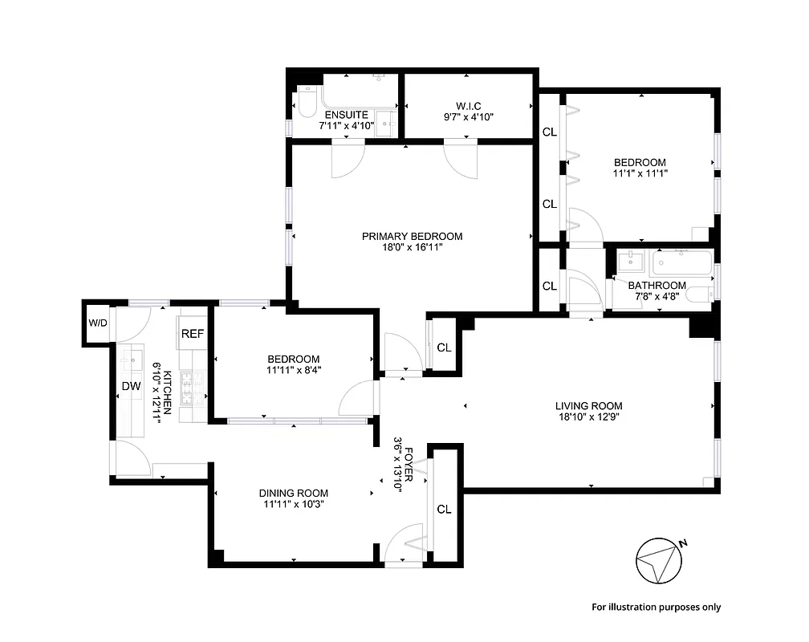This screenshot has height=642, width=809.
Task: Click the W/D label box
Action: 97,323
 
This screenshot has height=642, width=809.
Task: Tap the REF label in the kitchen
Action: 191,334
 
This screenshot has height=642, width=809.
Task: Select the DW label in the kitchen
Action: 131,387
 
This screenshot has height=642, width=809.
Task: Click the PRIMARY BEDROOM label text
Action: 412,236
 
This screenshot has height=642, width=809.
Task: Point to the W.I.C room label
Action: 467,105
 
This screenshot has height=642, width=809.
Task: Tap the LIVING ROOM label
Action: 589,405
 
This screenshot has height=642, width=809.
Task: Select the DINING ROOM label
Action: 293,493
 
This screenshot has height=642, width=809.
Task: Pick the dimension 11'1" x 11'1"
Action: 640,173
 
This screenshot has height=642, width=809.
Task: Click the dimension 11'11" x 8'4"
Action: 293,370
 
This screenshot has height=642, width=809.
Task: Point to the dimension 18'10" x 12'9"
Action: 589,416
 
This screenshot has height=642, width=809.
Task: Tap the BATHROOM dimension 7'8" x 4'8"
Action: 657,296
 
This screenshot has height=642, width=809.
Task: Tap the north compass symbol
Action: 659,561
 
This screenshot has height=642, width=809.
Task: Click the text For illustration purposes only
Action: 656,607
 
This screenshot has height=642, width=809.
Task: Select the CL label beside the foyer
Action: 444,509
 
